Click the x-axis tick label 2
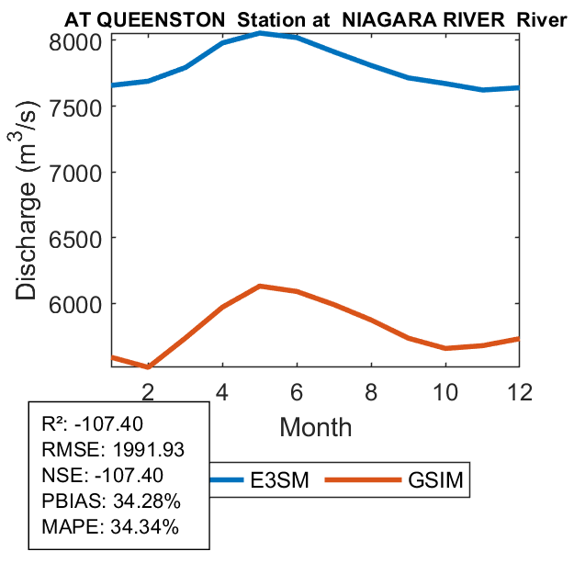click(x=147, y=390)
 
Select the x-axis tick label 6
click(x=297, y=390)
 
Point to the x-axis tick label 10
click(x=445, y=390)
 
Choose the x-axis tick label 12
click(x=520, y=390)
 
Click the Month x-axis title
click(x=315, y=426)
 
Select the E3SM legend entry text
click(x=284, y=479)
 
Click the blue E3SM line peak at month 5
click(x=260, y=33)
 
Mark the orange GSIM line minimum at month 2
click(x=148, y=367)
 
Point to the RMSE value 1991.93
click(x=146, y=450)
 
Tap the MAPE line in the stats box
click(x=110, y=527)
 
